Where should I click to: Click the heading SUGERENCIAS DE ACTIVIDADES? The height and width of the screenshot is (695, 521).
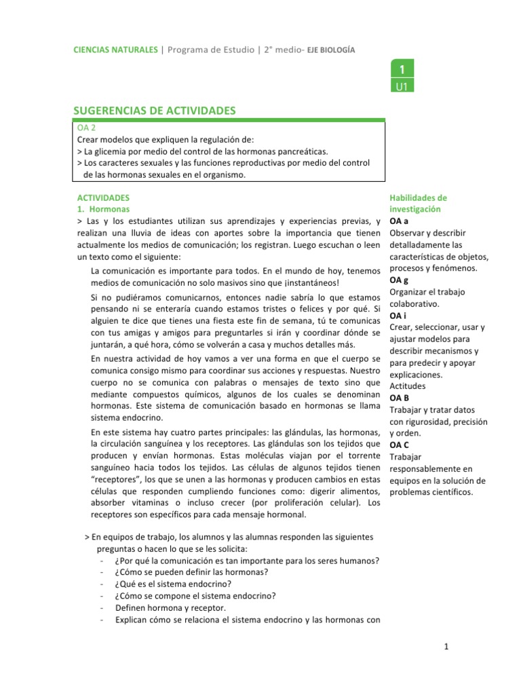coord(154,111)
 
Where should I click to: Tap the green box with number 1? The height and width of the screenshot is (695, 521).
coord(402,70)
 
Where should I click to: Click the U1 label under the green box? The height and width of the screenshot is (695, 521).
coord(402,86)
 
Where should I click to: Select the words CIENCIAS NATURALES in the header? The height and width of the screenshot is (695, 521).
coord(113,50)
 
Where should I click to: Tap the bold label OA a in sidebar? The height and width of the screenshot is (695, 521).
coord(399,221)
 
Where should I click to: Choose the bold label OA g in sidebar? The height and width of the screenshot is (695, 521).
coord(399,280)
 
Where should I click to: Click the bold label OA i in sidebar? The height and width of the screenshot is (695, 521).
coord(398,316)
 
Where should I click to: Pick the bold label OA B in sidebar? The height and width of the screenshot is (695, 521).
coord(399,398)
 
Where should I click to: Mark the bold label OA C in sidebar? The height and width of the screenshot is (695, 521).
coord(399,445)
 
